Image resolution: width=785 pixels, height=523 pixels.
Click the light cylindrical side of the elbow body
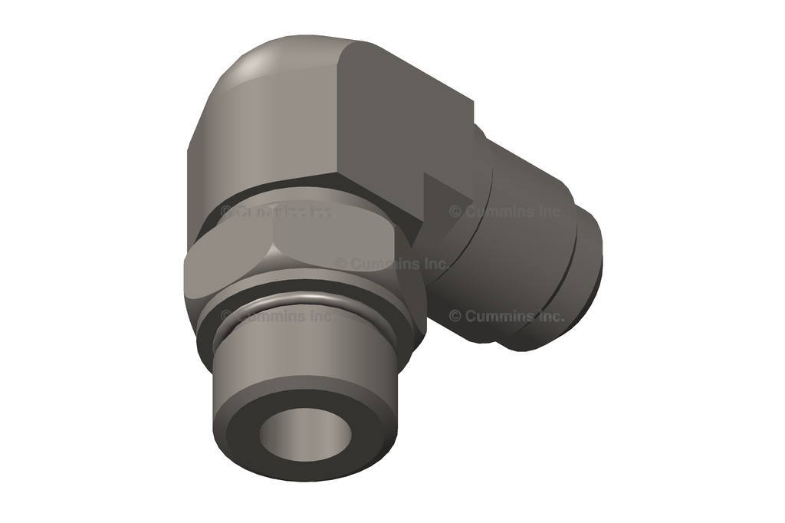(x=253, y=146)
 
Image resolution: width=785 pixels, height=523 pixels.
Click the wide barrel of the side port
(x=521, y=253)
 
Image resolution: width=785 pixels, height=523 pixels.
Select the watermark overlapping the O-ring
(x=276, y=315)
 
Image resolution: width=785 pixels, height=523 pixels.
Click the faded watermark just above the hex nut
(x=276, y=211)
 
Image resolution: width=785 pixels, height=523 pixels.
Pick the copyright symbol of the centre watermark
(x=340, y=263)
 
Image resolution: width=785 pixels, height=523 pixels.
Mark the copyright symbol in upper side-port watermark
(x=455, y=211)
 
